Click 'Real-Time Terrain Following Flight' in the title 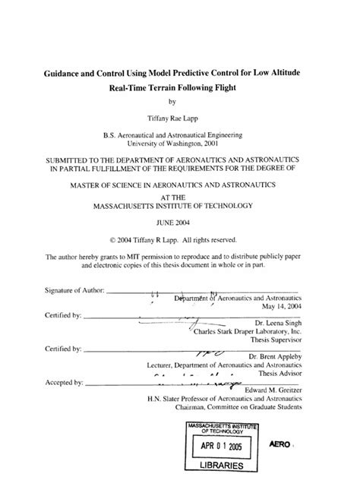tap(181, 87)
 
